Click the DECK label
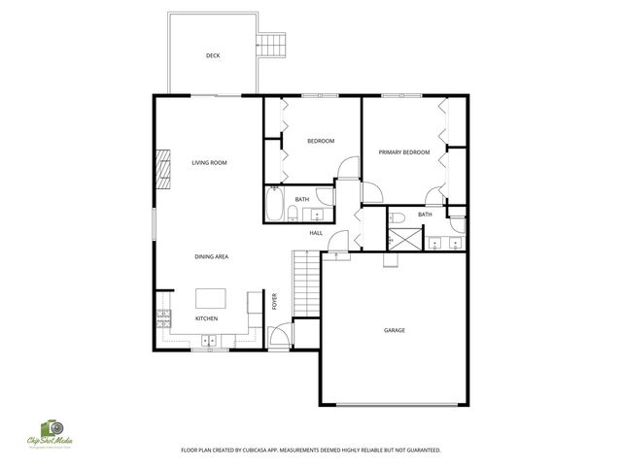click(213, 55)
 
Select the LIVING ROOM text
click(209, 162)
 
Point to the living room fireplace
click(163, 167)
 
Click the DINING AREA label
click(211, 256)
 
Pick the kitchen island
click(212, 297)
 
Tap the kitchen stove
click(162, 316)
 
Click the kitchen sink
click(208, 340)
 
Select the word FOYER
click(275, 302)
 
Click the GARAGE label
click(394, 330)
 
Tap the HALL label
click(316, 233)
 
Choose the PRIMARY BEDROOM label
click(403, 152)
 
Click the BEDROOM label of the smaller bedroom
click(321, 141)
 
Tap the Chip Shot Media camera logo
click(51, 428)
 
